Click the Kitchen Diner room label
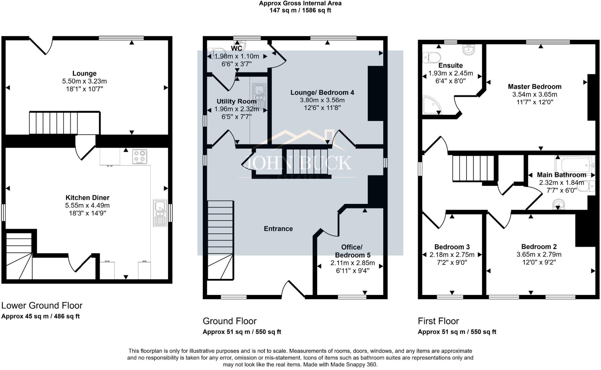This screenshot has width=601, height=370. tap(87, 198)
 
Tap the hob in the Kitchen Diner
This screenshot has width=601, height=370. tap(139, 157)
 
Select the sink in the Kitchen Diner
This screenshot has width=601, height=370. tap(160, 213)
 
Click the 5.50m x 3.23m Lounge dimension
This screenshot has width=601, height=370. tap(84, 81)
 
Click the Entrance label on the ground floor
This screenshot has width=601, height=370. tap(278, 229)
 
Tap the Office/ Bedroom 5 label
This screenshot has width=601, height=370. tap(352, 251)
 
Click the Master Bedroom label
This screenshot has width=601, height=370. tap(534, 87)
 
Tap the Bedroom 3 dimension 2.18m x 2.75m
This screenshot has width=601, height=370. tap(452, 255)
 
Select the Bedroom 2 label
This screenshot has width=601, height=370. tap(539, 247)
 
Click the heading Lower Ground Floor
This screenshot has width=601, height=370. tap(42, 306)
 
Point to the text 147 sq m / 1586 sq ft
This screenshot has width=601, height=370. tap(300, 11)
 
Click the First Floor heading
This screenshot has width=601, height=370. tap(438, 321)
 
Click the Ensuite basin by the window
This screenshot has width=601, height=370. tap(469, 50)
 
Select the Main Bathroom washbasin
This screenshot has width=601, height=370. tap(558, 204)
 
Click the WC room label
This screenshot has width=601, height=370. tap(237, 48)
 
